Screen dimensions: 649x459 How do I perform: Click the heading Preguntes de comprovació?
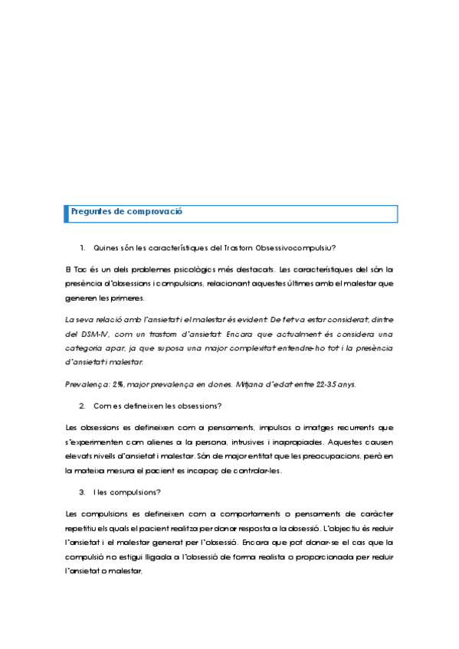(126, 212)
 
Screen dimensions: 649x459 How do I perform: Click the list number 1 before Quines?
(82, 247)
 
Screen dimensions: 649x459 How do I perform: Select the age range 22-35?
(334, 383)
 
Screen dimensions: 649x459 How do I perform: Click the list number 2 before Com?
(82, 405)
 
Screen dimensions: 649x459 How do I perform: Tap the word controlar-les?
(257, 471)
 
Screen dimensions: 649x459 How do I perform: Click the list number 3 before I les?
(82, 492)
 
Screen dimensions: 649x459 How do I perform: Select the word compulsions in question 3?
(132, 492)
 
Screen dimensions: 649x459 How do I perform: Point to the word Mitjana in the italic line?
(250, 383)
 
